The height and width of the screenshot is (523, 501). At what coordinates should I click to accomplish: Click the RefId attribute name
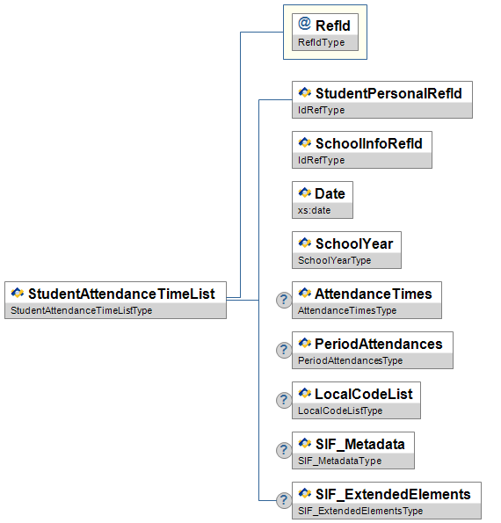[333, 25]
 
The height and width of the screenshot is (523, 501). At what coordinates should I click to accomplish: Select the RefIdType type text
[321, 42]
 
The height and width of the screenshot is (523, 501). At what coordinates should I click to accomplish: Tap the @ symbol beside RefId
[304, 24]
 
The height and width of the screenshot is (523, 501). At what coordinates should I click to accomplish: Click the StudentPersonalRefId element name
[388, 93]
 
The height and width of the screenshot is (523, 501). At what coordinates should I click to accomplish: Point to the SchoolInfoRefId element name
[369, 143]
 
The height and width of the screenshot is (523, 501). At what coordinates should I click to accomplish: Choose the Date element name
[330, 193]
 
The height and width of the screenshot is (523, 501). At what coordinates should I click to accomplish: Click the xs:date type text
[314, 210]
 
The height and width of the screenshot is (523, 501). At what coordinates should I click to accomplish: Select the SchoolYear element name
[354, 243]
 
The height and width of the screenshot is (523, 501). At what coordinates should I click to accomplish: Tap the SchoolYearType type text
[335, 260]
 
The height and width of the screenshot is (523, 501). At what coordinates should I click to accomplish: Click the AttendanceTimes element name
[374, 294]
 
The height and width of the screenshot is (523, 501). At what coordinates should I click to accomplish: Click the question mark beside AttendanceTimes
[284, 300]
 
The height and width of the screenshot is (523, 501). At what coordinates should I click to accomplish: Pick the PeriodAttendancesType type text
[350, 360]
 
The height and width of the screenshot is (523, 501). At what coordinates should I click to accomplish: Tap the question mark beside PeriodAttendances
[284, 350]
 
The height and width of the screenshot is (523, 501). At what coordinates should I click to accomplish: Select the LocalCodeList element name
[364, 394]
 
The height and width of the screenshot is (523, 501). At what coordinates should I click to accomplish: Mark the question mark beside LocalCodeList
[284, 400]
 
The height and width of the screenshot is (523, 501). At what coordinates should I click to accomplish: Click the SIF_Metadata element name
[359, 444]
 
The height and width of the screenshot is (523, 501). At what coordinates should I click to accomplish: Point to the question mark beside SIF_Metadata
[284, 450]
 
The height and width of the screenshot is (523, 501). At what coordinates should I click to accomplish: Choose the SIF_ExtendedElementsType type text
[360, 511]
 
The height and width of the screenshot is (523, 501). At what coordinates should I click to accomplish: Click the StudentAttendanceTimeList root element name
[121, 294]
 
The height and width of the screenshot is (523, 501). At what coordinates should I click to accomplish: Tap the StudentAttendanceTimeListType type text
[82, 310]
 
